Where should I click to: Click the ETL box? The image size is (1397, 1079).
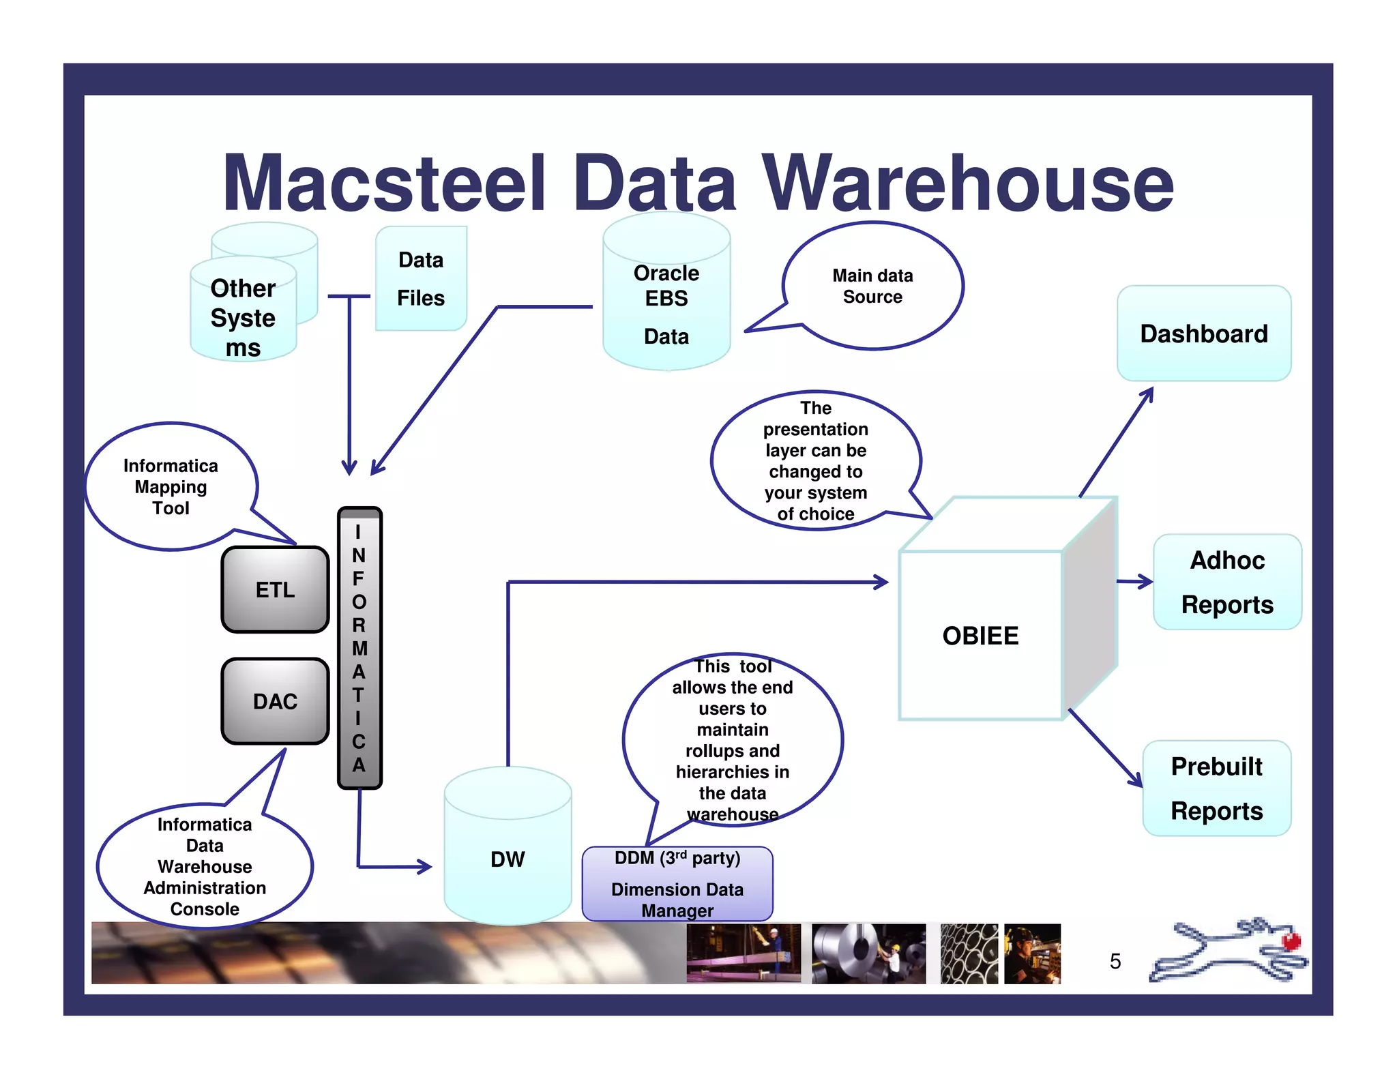click(x=275, y=589)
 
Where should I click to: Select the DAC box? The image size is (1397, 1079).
click(x=275, y=701)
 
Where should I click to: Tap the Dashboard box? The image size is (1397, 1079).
click(x=1203, y=334)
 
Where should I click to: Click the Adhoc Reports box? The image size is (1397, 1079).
click(x=1226, y=582)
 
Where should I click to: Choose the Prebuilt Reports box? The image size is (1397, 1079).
click(x=1216, y=788)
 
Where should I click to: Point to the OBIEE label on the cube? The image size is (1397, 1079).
click(x=980, y=636)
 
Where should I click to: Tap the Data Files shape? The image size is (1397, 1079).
click(x=421, y=279)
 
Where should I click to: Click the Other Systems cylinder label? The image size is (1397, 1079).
click(x=243, y=318)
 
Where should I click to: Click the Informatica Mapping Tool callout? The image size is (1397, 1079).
click(x=171, y=486)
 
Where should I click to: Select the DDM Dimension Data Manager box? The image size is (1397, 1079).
click(x=677, y=884)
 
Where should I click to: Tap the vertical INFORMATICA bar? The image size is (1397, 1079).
click(x=359, y=648)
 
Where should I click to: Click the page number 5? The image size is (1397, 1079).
click(x=1115, y=961)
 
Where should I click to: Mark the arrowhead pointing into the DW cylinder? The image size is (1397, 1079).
click(x=426, y=867)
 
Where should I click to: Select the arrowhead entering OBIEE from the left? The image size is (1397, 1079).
click(x=882, y=582)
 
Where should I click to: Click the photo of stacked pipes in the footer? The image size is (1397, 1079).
click(x=968, y=954)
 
